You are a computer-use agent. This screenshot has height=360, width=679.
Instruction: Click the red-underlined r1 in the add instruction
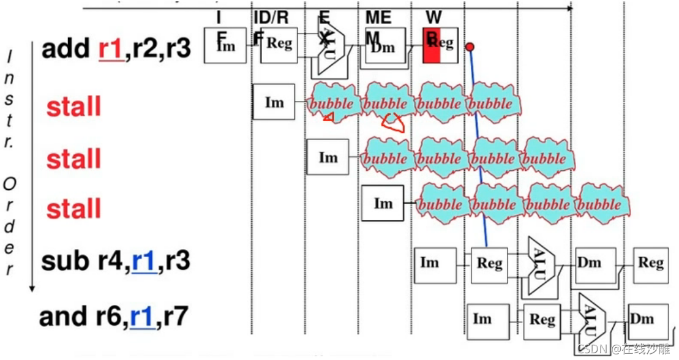pyautogui.click(x=110, y=48)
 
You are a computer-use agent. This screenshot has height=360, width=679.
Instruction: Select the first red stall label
pyautogui.click(x=74, y=107)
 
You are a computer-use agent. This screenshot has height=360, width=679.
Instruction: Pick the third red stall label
pyautogui.click(x=74, y=209)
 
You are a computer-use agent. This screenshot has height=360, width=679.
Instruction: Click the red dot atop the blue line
pyautogui.click(x=470, y=47)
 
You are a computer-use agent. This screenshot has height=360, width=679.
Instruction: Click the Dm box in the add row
pyautogui.click(x=386, y=45)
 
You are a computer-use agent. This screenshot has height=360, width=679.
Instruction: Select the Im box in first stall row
pyautogui.click(x=274, y=102)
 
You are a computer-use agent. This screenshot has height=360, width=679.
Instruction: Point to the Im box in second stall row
pyautogui.click(x=328, y=157)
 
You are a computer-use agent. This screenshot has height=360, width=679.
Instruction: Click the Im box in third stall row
pyautogui.click(x=383, y=203)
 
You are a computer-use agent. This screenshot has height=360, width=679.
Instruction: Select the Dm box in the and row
pyautogui.click(x=642, y=319)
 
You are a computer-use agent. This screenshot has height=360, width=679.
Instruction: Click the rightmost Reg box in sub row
pyautogui.click(x=651, y=264)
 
